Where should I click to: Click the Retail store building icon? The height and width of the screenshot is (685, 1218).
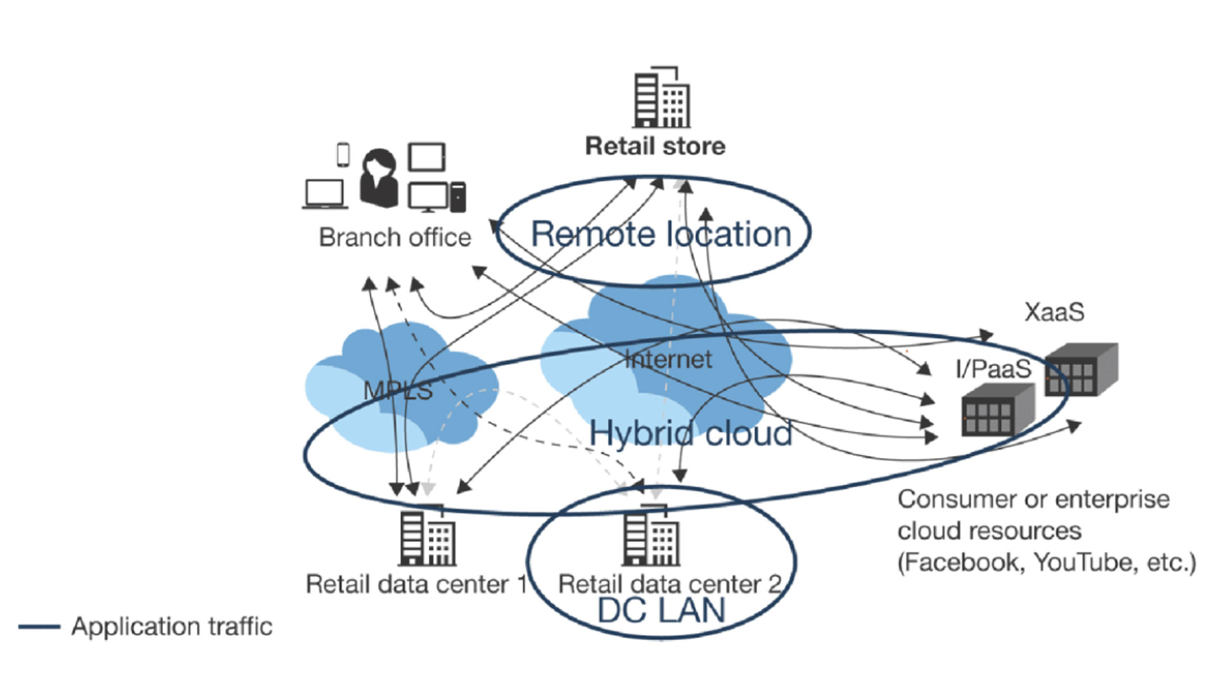click(662, 98)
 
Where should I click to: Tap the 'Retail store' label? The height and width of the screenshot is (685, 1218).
click(655, 147)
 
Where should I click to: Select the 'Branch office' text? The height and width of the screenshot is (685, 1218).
click(395, 237)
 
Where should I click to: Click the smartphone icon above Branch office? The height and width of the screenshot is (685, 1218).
click(343, 155)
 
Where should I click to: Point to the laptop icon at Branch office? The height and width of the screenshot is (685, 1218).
click(325, 194)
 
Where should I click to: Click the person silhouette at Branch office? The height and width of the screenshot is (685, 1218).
click(379, 178)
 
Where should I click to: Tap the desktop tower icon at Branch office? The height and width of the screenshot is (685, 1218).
click(457, 197)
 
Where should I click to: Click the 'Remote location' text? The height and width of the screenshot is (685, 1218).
click(660, 234)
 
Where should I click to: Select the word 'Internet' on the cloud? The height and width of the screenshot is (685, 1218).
click(669, 360)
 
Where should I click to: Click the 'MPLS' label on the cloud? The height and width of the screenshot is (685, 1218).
click(398, 391)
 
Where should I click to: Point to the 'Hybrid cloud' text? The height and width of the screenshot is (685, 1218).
click(690, 434)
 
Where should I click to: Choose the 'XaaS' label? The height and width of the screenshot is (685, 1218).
click(1054, 312)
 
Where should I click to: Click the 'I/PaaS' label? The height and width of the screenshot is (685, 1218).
click(993, 369)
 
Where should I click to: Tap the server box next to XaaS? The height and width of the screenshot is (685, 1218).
click(1081, 369)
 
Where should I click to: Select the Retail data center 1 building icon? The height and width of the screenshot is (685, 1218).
click(427, 537)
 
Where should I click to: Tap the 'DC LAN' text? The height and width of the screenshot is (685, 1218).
click(661, 611)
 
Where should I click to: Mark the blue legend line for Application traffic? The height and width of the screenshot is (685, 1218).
click(39, 627)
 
